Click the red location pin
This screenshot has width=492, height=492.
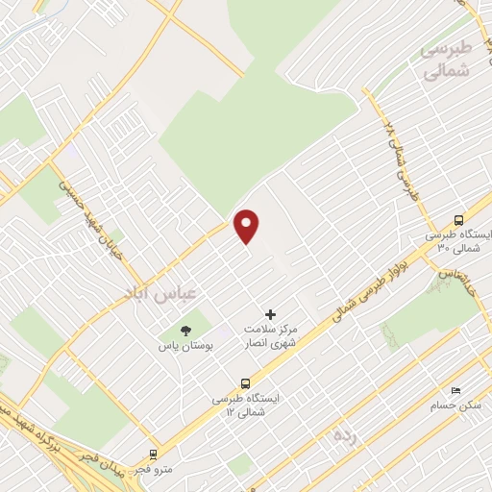248,226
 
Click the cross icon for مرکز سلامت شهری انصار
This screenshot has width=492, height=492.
269,314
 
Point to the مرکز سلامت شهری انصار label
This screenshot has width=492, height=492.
269,335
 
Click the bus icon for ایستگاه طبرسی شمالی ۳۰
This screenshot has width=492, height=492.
458,220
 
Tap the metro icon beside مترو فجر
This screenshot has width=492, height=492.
152,454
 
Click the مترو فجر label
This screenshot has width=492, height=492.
152,470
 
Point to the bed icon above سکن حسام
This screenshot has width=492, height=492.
455,390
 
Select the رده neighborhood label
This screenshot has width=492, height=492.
345,436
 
